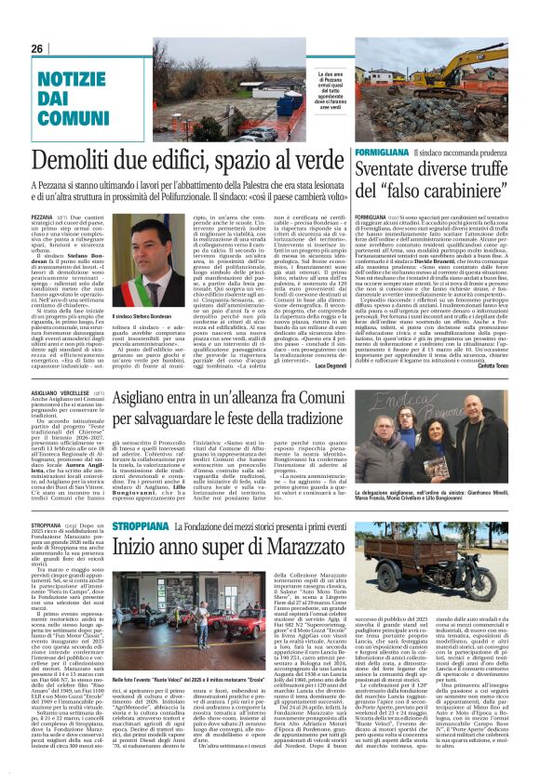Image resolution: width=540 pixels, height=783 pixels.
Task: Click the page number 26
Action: click(x=37, y=48)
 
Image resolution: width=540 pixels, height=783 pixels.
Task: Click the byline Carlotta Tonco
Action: click(x=489, y=366)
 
